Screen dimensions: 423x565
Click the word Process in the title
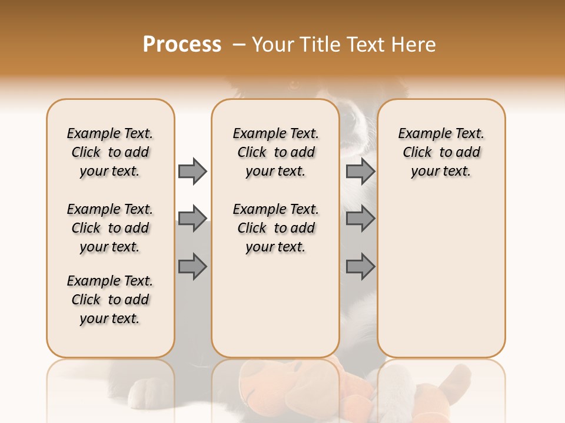182,45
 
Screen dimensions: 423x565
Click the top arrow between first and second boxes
192,171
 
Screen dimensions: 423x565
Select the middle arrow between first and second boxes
192,219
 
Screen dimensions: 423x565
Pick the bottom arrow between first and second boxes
192,267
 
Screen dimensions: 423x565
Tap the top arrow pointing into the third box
360,171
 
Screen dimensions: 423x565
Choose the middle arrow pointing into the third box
360,219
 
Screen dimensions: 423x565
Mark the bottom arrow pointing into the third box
360,267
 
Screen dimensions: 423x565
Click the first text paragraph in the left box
110,152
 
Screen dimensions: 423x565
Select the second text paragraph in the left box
110,228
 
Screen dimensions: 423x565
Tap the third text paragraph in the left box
110,300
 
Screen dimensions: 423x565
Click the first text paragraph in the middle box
275,152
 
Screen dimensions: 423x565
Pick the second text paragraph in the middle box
275,228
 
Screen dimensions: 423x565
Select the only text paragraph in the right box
441,152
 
